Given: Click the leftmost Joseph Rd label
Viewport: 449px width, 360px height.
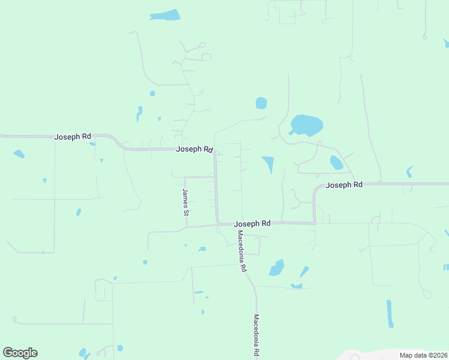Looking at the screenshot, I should (x=73, y=137).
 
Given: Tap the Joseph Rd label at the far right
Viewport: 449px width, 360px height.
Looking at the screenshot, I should (x=344, y=185).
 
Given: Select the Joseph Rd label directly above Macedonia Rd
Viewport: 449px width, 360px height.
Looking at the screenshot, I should (x=252, y=223).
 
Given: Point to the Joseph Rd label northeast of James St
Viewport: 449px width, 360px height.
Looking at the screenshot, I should (x=194, y=149).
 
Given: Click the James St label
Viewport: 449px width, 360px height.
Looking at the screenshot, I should (x=185, y=202).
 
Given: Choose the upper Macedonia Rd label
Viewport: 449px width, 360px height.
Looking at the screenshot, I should (x=241, y=251).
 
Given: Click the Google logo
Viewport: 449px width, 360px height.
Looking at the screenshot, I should (x=20, y=353).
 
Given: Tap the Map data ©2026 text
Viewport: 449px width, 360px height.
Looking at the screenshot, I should (x=423, y=355).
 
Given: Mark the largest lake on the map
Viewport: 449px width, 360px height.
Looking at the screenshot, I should (x=307, y=125).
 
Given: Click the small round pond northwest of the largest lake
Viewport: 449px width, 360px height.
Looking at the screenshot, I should (x=261, y=103).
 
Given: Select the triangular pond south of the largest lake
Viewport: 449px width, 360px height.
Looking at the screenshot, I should (x=268, y=163).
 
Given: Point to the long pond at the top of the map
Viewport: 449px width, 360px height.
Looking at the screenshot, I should (x=165, y=15).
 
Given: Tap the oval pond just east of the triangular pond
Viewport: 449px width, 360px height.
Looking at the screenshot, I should (x=336, y=163).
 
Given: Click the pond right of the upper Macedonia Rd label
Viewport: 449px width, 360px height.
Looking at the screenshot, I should (x=277, y=268).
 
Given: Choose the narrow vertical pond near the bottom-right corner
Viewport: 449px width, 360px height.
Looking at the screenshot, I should (x=390, y=313).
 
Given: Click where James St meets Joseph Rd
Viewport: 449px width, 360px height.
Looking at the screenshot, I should (x=187, y=227).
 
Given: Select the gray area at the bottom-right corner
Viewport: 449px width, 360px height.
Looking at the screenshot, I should (x=390, y=354).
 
